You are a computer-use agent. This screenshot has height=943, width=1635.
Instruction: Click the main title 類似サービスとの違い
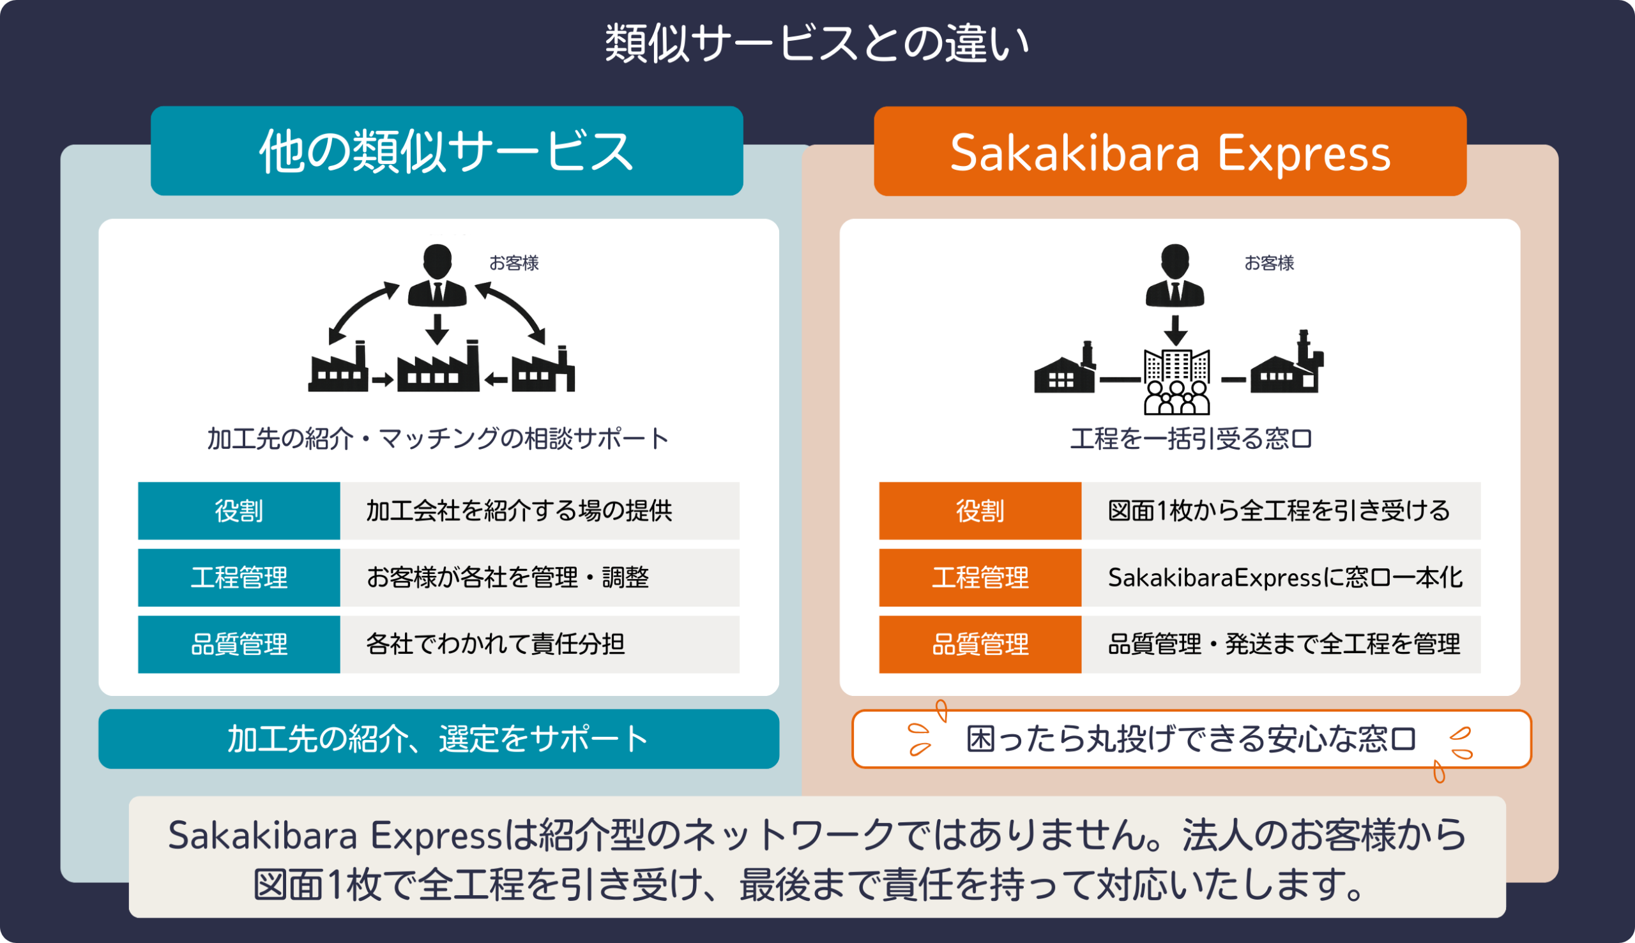point(817,43)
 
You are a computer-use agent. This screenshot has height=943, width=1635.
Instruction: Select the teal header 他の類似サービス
point(447,151)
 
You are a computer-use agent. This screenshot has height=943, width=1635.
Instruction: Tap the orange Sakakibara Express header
point(1170,151)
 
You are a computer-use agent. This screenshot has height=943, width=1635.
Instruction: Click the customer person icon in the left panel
point(437,275)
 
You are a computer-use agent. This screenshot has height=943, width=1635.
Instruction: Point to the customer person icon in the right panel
point(1175,275)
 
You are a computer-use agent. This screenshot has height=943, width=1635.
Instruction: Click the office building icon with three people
point(1176,381)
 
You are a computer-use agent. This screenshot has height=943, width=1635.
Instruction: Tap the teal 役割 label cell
point(239,510)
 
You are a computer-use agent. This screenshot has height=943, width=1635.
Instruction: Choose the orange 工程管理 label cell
point(980,577)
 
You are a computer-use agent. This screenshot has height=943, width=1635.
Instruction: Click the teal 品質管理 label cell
point(239,644)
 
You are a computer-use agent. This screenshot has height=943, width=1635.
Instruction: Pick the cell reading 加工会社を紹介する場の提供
point(540,510)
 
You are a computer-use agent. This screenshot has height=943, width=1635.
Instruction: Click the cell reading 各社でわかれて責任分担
point(540,644)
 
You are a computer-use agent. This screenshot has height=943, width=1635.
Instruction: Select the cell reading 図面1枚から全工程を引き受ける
point(1281,510)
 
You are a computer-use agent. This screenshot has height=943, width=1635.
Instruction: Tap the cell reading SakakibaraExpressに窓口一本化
point(1281,577)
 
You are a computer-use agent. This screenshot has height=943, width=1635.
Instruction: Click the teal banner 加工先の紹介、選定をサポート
point(439,739)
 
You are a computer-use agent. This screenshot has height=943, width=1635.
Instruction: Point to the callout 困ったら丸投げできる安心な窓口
point(1191,739)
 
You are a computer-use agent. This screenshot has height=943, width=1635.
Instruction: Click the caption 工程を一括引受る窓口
point(1190,439)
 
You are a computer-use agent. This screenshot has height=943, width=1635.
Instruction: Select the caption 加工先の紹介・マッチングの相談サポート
point(437,439)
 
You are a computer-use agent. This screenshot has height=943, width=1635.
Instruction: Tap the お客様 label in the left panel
point(513,263)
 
